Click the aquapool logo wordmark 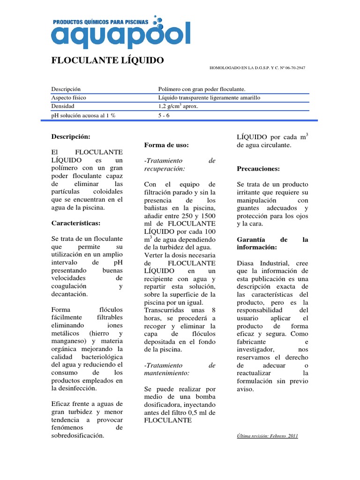pos(121,36)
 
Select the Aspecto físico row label pos(68,97)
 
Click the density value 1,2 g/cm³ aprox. pos(179,106)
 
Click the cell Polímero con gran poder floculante pos(202,89)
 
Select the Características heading pos(75,223)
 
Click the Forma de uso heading pos(167,145)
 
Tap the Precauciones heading pos(259,168)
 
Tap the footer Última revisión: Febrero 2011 pos(268,436)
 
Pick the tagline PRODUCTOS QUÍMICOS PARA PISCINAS pos(100,22)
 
